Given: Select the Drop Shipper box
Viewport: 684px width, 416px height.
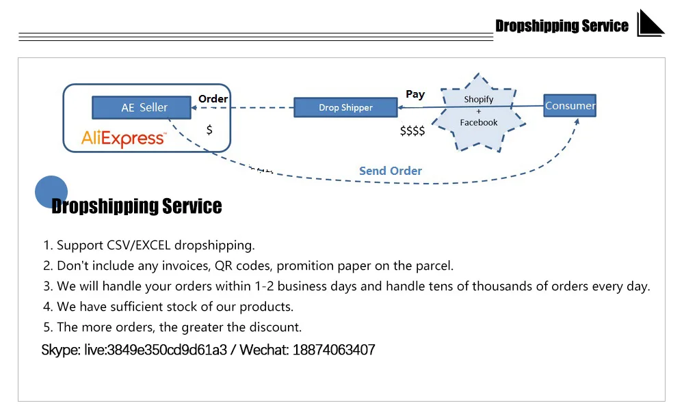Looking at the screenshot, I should (345, 107).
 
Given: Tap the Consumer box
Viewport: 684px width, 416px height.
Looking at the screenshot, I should (570, 105).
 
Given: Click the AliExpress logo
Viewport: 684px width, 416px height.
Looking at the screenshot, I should (123, 139).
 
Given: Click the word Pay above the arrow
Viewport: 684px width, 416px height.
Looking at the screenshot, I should (415, 94).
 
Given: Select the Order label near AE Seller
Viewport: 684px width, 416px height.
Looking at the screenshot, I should (213, 98).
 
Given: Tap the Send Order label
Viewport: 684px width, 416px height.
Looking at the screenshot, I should (391, 171).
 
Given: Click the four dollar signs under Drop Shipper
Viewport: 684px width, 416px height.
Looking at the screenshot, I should (412, 130).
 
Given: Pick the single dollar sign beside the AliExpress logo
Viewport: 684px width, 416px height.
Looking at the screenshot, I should (209, 129).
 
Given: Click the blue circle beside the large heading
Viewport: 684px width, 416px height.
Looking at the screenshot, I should (51, 192).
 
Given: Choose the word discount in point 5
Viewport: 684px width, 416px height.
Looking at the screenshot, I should (276, 327).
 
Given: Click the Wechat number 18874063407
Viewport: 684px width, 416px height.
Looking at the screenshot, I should (334, 350).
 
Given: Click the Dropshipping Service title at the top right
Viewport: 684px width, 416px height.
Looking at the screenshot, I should (562, 26).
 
